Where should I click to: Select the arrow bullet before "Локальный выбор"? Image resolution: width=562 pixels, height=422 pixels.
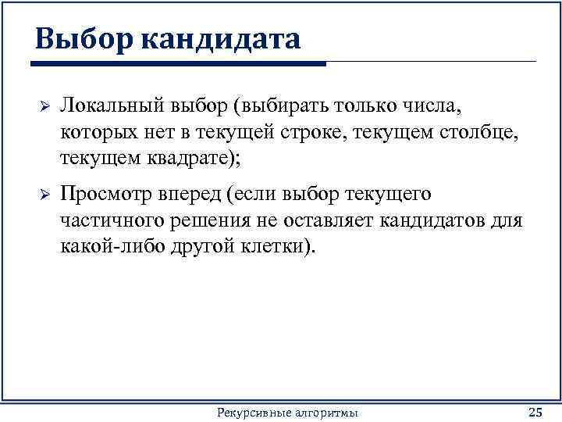point(44,105)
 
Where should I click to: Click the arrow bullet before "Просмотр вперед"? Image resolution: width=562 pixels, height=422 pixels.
point(44,195)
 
